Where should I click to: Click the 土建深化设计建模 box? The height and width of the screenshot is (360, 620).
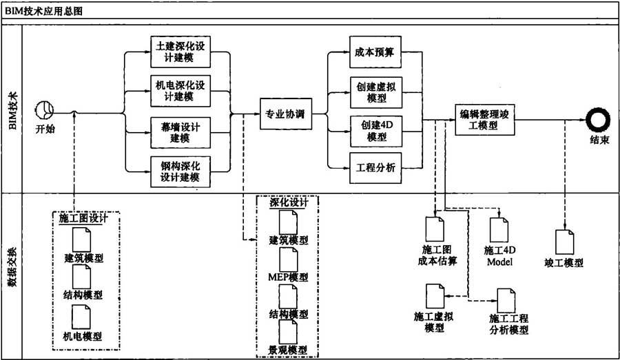pyautogui.click(x=180, y=52)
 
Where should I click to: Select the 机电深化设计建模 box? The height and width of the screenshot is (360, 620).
pyautogui.click(x=180, y=91)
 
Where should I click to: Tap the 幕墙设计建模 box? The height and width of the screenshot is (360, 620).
pyautogui.click(x=180, y=132)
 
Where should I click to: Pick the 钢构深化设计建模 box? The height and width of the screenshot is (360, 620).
pyautogui.click(x=180, y=171)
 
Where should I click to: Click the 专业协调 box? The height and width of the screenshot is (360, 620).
pyautogui.click(x=286, y=114)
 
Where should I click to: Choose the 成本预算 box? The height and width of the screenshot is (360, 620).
pyautogui.click(x=375, y=52)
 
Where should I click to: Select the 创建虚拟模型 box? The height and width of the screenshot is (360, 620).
pyautogui.click(x=376, y=92)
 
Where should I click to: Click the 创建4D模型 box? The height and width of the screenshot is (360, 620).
pyautogui.click(x=376, y=131)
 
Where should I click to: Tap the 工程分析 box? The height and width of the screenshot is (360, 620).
pyautogui.click(x=375, y=168)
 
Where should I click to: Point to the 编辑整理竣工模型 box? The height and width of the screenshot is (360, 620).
pyautogui.click(x=485, y=120)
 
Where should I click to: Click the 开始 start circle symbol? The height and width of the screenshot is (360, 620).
pyautogui.click(x=44, y=110)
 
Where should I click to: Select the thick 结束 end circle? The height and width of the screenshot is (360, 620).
pyautogui.click(x=598, y=120)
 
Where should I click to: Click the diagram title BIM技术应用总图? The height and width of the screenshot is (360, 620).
pyautogui.click(x=44, y=11)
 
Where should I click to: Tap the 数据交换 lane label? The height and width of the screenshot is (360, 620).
pyautogui.click(x=12, y=267)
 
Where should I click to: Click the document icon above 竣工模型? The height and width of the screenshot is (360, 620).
pyautogui.click(x=565, y=242)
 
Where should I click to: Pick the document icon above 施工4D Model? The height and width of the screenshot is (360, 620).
pyautogui.click(x=499, y=230)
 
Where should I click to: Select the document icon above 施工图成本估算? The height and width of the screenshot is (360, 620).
pyautogui.click(x=435, y=229)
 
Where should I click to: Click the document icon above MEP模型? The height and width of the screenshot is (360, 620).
pyautogui.click(x=289, y=260)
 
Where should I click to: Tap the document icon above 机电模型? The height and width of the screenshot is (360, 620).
pyautogui.click(x=81, y=317)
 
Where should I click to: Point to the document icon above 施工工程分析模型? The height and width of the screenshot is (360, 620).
pyautogui.click(x=506, y=301)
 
